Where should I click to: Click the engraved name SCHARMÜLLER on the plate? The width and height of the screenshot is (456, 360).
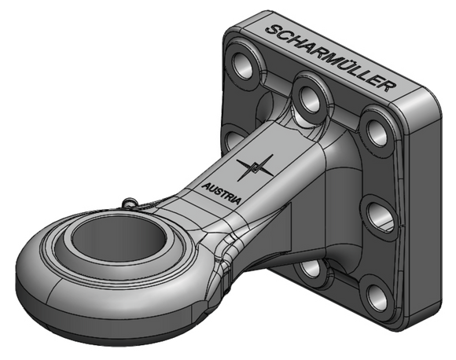(x=331, y=58)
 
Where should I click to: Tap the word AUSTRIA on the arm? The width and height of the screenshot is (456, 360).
(x=221, y=193)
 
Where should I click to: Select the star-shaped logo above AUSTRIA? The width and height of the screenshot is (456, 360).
(x=255, y=167)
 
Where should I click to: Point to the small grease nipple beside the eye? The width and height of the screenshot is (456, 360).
(x=130, y=202)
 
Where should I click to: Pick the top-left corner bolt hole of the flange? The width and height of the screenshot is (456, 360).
(x=243, y=66)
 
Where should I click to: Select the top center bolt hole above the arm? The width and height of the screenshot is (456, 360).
(x=310, y=99)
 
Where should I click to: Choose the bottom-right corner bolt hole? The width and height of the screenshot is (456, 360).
(x=377, y=297)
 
